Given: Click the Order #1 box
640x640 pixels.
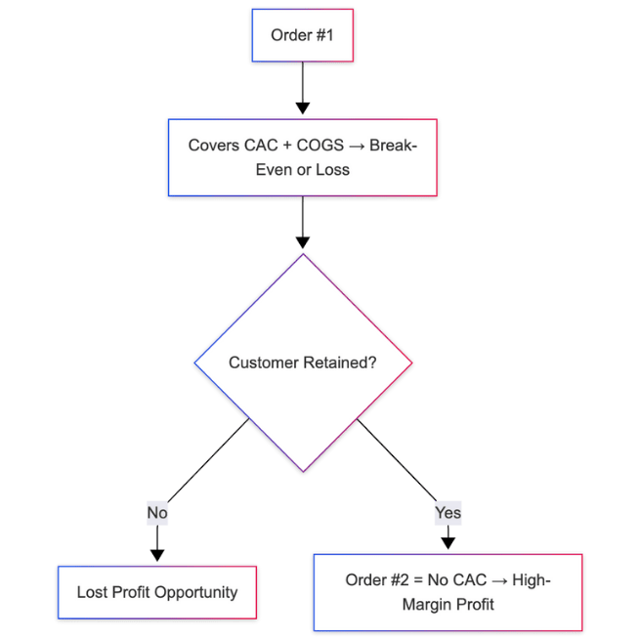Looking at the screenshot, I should [303, 36].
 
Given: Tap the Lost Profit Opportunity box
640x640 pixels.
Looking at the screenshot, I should [157, 592].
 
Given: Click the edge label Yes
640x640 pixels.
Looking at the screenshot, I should [448, 512].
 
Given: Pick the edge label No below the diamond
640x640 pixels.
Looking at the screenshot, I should [156, 512].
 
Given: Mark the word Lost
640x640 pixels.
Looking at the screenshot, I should [93, 592].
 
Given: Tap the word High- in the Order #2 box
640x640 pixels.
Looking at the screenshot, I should [531, 580].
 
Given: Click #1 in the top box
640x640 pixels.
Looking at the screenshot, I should [324, 36].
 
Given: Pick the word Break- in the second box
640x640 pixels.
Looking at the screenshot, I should [394, 146].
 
